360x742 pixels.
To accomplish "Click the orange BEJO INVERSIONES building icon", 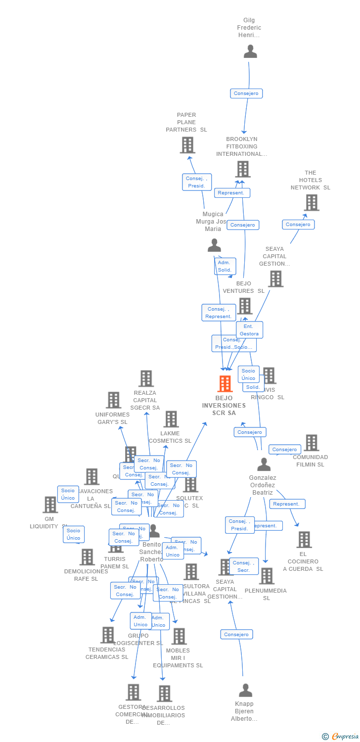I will point(225,384).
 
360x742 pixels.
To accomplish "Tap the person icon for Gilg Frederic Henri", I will point(250,51).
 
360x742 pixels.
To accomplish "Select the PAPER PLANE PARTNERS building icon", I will point(187,145).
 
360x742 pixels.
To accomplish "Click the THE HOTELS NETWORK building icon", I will point(311,202).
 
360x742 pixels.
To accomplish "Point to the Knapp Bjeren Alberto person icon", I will point(245,690).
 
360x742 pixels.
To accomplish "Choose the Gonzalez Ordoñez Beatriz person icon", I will point(264,464).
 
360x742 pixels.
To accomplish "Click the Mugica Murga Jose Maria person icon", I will point(214,245).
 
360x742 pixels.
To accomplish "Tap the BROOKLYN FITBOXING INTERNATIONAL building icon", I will point(242,169).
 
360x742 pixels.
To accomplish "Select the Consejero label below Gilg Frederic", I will point(246,93).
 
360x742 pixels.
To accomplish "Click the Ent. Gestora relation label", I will point(249,330).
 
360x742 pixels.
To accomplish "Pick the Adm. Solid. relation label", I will point(225,266).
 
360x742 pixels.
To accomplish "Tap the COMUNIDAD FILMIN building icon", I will point(311,443).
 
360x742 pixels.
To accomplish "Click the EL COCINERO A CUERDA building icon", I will point(304,540).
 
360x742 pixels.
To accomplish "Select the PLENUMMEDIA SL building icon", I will point(267,576).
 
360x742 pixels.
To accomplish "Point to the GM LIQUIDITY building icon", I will point(50,505).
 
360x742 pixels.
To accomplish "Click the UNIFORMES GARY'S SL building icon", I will point(113,400).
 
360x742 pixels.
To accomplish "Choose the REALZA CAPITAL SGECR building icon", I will point(146,378).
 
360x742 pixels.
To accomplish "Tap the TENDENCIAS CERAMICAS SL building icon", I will point(107,635).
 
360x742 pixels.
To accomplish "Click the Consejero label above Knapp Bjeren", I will point(236,634).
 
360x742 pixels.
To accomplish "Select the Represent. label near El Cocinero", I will point(287,504).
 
